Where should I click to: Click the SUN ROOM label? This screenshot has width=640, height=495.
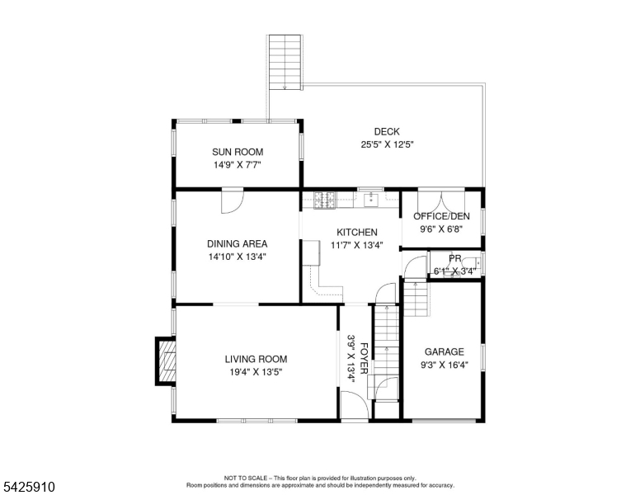237,151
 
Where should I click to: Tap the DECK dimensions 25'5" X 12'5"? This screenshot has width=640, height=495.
387,144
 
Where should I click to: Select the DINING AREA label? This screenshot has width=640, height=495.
237,243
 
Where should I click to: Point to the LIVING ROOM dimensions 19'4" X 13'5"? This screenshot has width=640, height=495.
256,372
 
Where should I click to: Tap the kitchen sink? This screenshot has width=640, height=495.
372,198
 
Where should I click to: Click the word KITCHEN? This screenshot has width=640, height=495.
356,233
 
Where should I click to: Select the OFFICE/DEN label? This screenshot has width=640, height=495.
441,216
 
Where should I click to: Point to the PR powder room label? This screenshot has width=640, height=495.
454,258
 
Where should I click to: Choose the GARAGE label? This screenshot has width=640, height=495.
445,351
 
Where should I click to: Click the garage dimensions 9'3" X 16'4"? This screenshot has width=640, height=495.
445,365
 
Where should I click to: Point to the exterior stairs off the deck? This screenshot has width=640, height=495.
286,62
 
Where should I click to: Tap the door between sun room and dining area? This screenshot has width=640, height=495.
232,199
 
